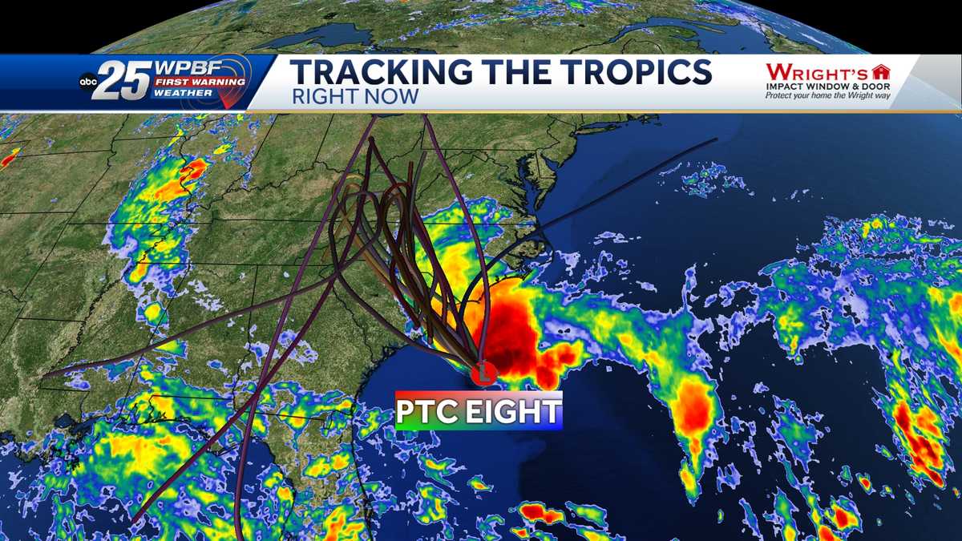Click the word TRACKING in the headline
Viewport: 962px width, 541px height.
coord(374,72)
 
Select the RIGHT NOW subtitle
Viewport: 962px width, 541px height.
coord(354,96)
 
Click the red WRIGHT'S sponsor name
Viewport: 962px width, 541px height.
coord(817,71)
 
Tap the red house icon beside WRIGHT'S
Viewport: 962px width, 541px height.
coord(881,71)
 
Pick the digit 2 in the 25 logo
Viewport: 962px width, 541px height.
coord(109,80)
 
